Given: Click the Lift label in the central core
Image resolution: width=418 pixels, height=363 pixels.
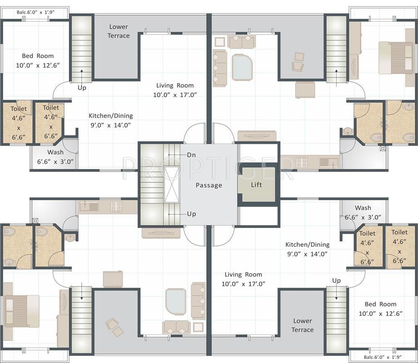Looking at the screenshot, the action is (256, 185).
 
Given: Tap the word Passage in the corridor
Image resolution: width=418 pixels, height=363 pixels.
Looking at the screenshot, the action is (209, 186).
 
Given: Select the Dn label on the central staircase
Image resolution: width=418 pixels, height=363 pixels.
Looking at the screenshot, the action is (191, 155).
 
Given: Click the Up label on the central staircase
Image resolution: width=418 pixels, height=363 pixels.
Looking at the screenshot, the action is (191, 214).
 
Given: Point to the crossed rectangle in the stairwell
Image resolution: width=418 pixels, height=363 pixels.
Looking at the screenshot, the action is (172, 185).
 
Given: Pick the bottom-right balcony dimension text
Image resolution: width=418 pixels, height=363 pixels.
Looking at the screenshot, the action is (383, 357).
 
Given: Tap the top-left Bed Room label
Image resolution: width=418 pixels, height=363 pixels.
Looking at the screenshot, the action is (38, 60).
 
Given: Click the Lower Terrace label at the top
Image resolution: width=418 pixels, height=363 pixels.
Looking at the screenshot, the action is (119, 31).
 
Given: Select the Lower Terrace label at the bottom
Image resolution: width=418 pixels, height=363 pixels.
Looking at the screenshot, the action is (302, 325).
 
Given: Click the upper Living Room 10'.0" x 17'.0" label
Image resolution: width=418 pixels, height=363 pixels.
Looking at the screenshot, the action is (175, 90).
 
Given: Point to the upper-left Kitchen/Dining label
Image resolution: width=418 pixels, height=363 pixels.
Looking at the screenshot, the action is (110, 120).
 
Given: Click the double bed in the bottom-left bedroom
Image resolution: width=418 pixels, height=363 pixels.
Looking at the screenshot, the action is (21, 311).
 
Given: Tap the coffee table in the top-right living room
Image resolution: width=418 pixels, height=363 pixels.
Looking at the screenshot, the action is (242, 67).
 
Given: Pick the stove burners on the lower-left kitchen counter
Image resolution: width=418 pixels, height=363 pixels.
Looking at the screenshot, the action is (116, 206).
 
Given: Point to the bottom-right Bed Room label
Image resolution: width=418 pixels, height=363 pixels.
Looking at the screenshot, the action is (380, 309).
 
